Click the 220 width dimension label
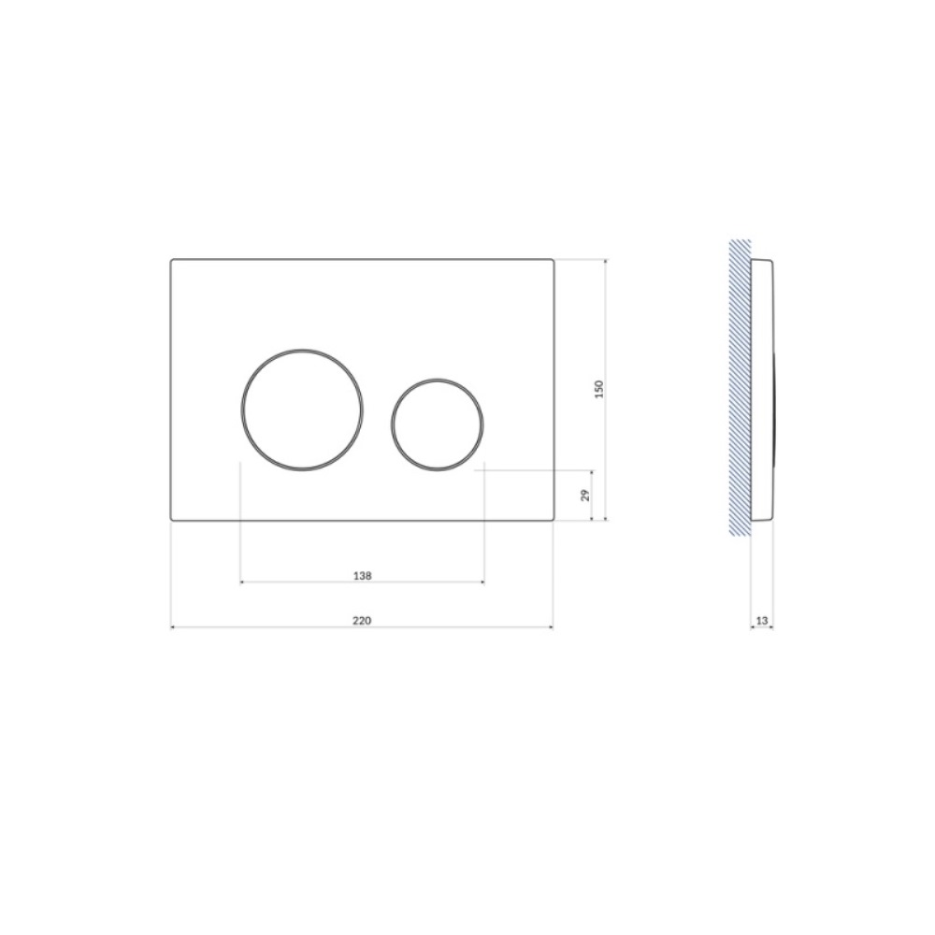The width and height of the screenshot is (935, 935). tap(361, 621)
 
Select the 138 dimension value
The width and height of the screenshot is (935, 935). tap(362, 576)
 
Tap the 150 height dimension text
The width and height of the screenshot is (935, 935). tap(599, 389)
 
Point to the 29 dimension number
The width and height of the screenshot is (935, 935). tap(585, 495)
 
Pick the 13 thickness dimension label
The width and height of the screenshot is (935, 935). tap(761, 621)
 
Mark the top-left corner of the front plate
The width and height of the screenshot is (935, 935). tap(172, 259)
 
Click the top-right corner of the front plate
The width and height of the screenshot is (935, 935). tap(554, 259)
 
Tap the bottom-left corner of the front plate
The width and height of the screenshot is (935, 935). tap(172, 520)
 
